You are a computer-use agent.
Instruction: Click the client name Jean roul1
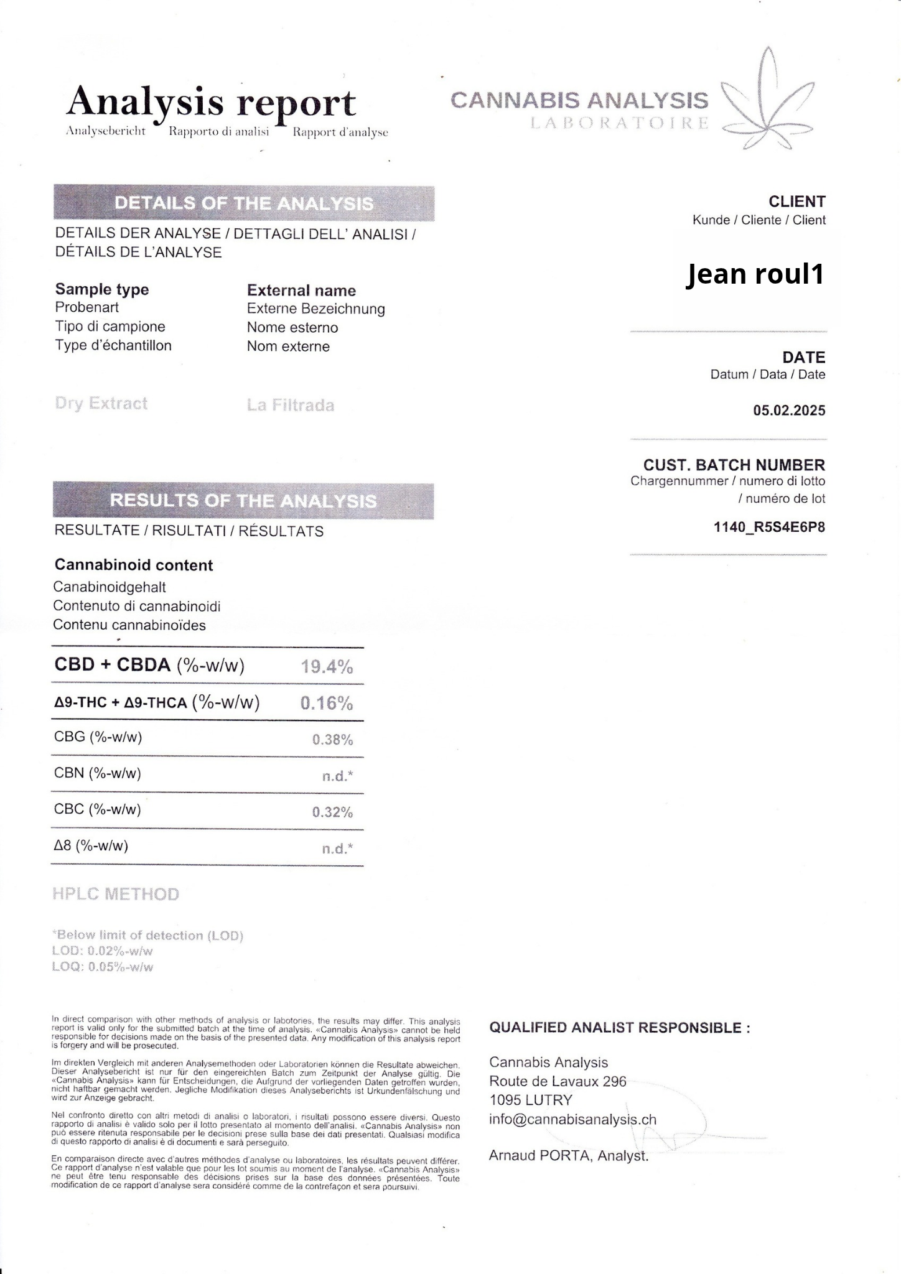coord(755,274)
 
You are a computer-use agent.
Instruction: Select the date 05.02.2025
coord(789,411)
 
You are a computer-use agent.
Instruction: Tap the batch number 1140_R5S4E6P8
coord(769,528)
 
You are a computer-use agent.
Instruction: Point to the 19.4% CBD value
coord(327,667)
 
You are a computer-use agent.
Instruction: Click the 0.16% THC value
coord(327,703)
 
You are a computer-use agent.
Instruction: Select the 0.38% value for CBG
coord(332,740)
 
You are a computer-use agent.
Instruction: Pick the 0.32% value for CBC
coord(332,812)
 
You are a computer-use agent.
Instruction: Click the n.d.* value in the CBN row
coord(337,776)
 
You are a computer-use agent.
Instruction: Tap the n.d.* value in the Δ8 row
coord(337,849)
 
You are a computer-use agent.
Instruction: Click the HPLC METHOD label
coord(116,894)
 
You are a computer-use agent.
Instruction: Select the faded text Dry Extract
coord(101,404)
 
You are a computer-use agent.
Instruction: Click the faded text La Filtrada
coord(291,406)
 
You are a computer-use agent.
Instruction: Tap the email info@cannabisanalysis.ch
coord(572,1120)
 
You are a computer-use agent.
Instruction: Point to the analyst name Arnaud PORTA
coord(568,1156)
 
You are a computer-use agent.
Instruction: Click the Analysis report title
coord(212,103)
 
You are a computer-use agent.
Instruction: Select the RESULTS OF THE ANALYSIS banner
coord(243,501)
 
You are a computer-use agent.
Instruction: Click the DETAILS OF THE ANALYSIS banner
coord(244,203)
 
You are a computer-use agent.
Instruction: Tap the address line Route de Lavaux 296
coord(558,1081)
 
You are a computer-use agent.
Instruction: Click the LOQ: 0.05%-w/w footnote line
coord(103,967)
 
